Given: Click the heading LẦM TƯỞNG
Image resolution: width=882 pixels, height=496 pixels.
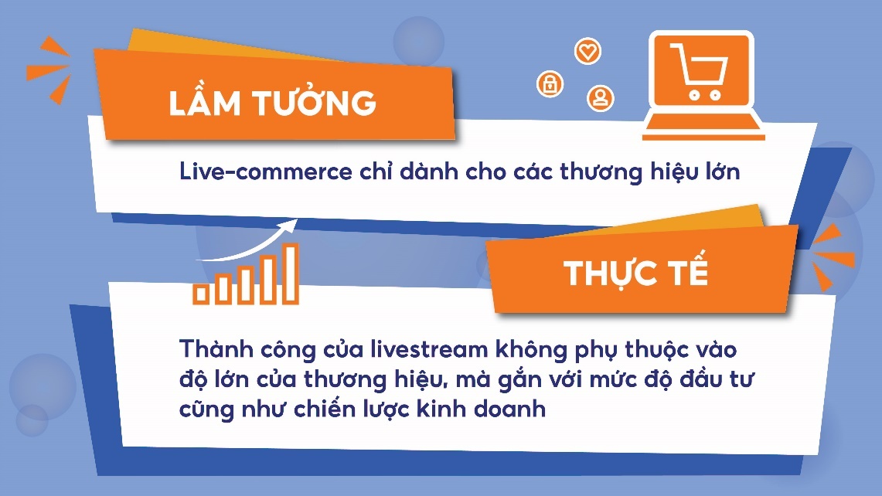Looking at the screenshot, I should pos(272,103).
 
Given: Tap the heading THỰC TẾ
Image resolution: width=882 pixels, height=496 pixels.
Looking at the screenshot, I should pos(635,273).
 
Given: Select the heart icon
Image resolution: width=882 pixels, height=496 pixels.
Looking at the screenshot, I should pos(587,52).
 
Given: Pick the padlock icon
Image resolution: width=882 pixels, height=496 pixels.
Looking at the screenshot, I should pos(550,83).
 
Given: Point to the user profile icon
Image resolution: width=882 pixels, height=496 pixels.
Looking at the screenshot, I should pos(600,97).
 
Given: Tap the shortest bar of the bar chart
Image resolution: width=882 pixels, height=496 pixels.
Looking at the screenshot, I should pos(201,293).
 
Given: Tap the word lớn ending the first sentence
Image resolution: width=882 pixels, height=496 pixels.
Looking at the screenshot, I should pos(718,171).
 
